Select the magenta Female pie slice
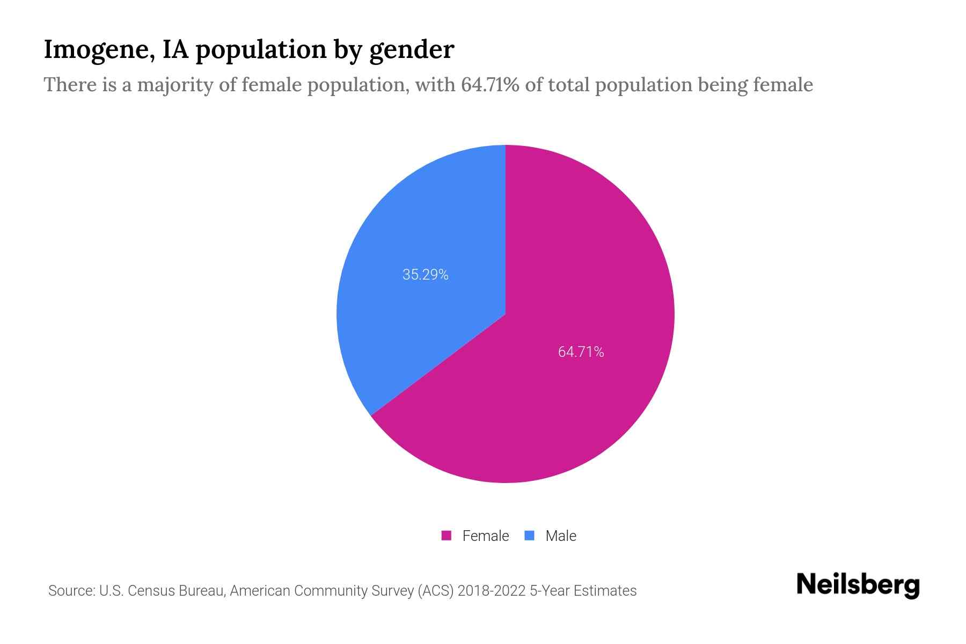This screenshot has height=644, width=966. tap(563, 386)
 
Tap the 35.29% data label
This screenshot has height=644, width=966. tap(425, 275)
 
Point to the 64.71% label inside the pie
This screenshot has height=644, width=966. tap(581, 352)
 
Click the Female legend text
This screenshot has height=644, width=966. tap(485, 536)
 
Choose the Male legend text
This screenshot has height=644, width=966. tap(560, 536)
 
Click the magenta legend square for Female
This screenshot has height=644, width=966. tap(446, 536)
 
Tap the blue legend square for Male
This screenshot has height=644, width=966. tap(529, 536)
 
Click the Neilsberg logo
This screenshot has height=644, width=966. tap(858, 585)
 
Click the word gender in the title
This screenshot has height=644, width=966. tap(411, 50)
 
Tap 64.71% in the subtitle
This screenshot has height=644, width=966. tap(490, 85)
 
